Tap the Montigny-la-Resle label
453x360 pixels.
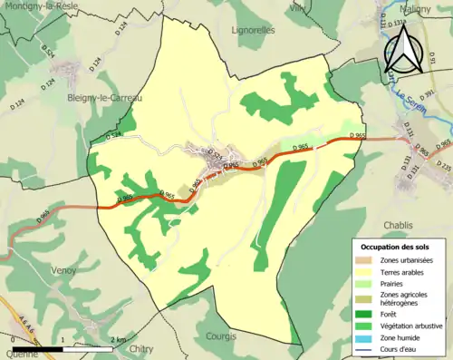(x=37, y=5)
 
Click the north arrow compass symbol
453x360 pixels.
(x=404, y=49)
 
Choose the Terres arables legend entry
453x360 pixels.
(x=399, y=271)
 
